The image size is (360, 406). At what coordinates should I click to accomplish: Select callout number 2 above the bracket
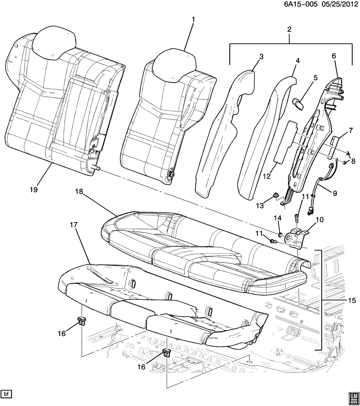pos(289,30)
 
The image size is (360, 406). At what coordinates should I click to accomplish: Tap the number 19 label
pos(34,190)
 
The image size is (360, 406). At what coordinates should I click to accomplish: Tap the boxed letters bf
pos(6,394)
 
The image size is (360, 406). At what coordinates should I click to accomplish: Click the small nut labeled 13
pos(275,195)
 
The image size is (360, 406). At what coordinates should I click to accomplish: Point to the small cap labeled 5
pos(298,103)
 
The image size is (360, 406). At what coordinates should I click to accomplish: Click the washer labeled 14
pos(280,234)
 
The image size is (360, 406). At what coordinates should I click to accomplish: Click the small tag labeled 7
pos(334,141)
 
